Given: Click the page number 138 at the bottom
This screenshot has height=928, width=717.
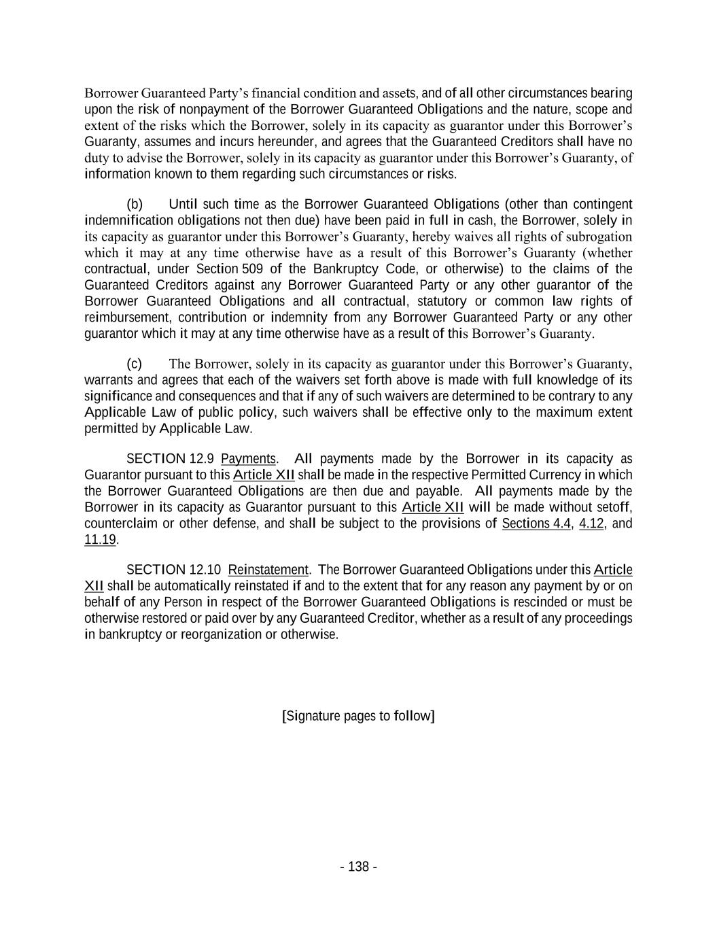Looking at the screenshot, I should [x=358, y=867].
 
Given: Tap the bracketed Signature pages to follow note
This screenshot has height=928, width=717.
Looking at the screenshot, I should [x=358, y=716].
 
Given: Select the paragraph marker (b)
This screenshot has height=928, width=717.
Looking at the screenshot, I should [x=135, y=204].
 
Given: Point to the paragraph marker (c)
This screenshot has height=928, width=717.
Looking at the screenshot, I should [x=134, y=364].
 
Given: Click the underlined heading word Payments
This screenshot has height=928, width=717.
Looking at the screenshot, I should [x=248, y=459].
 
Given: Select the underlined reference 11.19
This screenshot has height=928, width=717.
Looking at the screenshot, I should [x=101, y=540].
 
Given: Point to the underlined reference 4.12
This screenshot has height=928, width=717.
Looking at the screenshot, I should [x=591, y=523].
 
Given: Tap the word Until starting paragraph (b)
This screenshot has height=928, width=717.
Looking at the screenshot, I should [x=183, y=204].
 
